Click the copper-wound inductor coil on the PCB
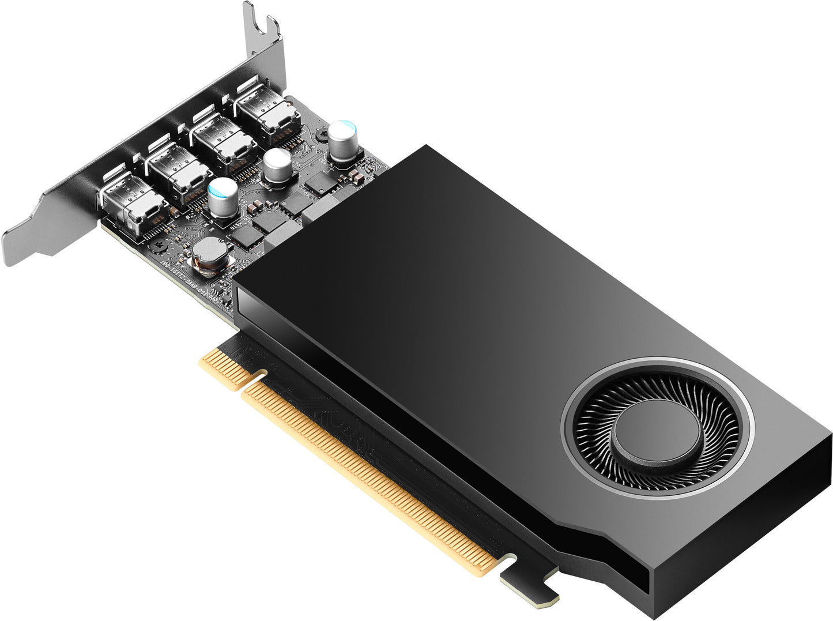pos(209,254)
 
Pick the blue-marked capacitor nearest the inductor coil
pos(223,197)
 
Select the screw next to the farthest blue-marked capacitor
pos(320,134)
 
